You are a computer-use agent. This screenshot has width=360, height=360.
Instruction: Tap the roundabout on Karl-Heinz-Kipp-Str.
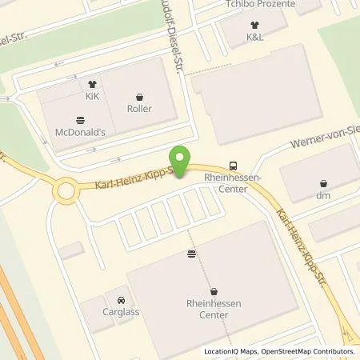(66, 191)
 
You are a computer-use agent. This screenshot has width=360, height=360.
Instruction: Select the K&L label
(255, 37)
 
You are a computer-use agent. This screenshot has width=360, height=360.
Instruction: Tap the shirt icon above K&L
(255, 24)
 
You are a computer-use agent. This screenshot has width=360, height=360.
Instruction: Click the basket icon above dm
(323, 183)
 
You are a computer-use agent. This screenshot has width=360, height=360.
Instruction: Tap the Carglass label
(121, 304)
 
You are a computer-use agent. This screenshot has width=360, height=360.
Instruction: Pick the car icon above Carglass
(121, 290)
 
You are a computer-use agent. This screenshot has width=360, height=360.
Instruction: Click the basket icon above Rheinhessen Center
(214, 291)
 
